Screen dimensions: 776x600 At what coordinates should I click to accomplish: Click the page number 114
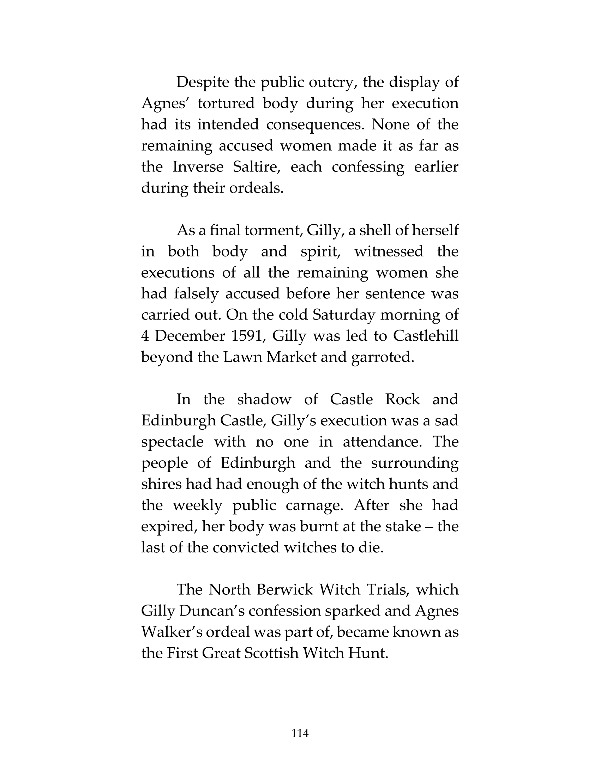(300, 733)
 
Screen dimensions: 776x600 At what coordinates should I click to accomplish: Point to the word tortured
(226, 103)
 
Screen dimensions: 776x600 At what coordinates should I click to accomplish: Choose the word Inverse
(198, 166)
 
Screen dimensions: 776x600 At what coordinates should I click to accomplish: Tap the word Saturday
(344, 315)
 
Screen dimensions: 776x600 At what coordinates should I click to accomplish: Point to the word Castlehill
(426, 336)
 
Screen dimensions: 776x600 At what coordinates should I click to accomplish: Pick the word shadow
(264, 399)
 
